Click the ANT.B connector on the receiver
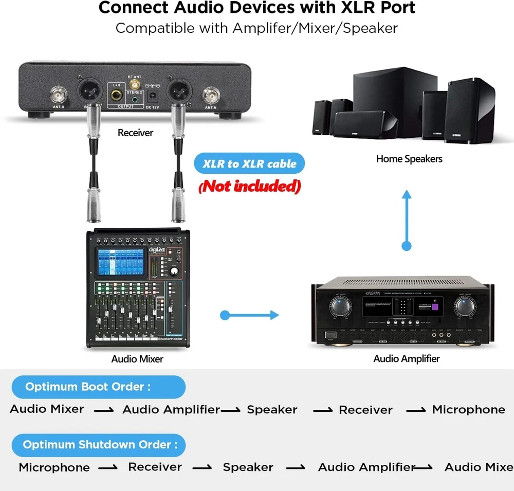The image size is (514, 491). [x=57, y=96]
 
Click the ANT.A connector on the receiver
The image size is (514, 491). [x=211, y=95]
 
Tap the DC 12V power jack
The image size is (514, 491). [x=152, y=96]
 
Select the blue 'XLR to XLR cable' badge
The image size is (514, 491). [x=249, y=164]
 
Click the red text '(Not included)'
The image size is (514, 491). [x=249, y=186]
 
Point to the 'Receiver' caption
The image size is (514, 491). [x=135, y=133]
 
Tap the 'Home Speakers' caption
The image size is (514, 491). [x=409, y=159]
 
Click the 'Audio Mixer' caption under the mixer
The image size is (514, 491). [x=137, y=359]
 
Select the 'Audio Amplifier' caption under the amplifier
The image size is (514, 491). [x=407, y=358]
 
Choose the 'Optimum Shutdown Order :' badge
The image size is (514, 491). [x=98, y=445]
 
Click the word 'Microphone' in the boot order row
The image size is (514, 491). [x=468, y=410]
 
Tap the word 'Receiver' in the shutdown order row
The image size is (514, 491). [x=155, y=467]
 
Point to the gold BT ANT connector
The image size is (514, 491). [x=135, y=84]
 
